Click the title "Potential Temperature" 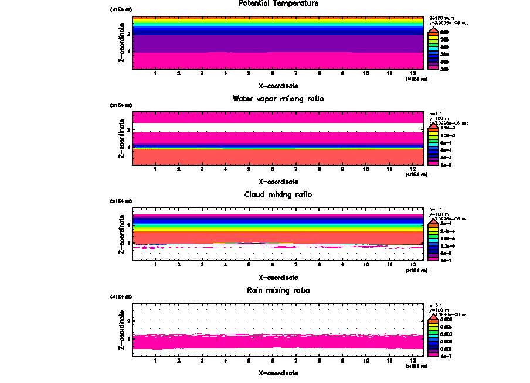click(x=278, y=4)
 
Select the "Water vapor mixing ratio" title click(x=278, y=98)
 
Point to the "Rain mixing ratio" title click(x=278, y=290)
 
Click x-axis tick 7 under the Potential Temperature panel click(x=295, y=73)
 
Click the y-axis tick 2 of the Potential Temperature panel click(x=128, y=33)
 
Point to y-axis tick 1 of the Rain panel click(x=128, y=339)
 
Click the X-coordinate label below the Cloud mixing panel click(x=278, y=277)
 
